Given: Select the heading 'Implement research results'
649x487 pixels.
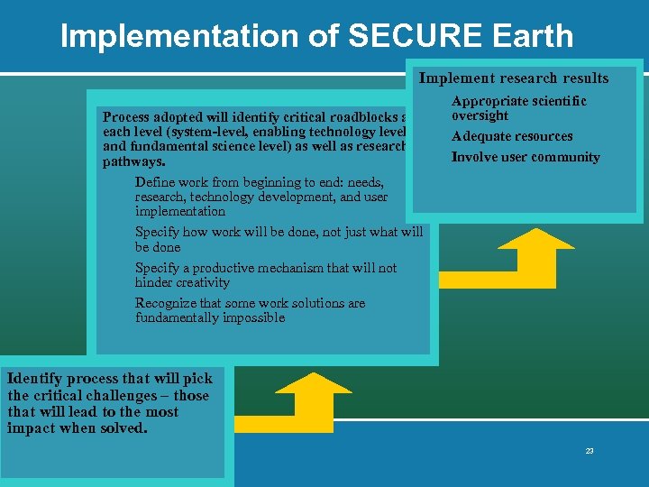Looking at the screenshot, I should pos(514,78).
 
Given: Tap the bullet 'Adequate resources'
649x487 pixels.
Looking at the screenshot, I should pos(512,136).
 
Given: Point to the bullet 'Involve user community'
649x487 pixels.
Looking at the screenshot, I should pos(526,157).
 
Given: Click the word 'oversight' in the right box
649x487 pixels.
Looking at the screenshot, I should pos(480,115).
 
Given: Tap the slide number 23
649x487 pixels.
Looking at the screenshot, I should pos(590,451).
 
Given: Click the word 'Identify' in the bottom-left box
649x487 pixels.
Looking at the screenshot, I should pos(33,378).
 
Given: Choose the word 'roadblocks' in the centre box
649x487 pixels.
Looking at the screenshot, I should pos(360,117).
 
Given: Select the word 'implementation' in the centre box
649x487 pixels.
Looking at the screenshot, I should pos(180,211).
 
